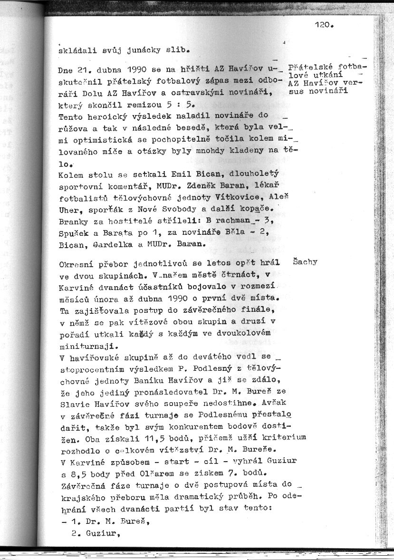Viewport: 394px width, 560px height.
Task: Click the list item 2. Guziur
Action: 94,534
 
